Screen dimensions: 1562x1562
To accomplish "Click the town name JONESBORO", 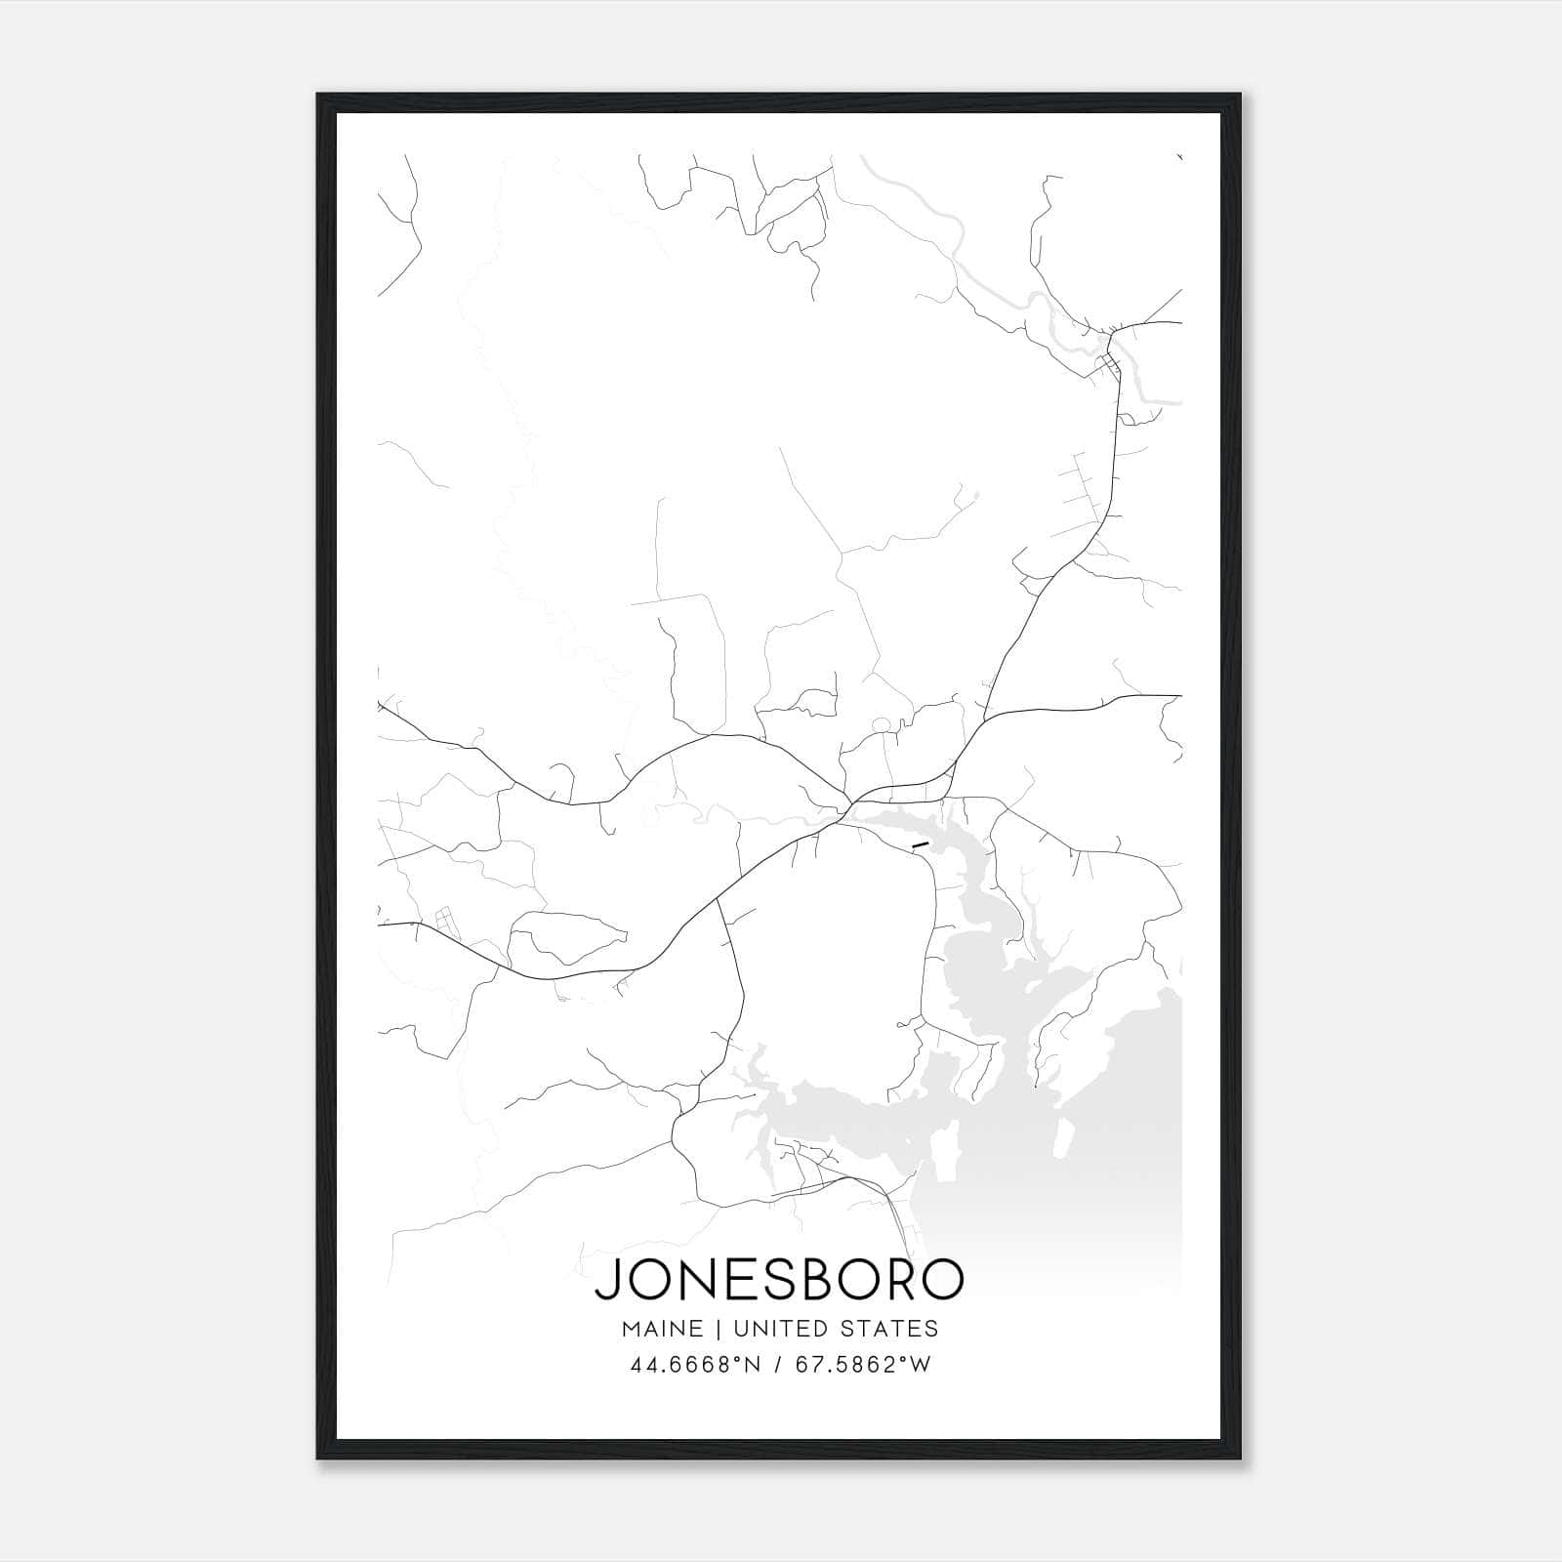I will point(779,1280).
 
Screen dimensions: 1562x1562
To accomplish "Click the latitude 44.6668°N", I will point(695,1365).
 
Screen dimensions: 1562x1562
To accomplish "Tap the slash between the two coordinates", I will point(778,1365).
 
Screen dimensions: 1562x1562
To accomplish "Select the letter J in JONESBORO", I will point(606,1280).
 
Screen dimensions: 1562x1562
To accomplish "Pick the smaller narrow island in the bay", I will point(1066,1138).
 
